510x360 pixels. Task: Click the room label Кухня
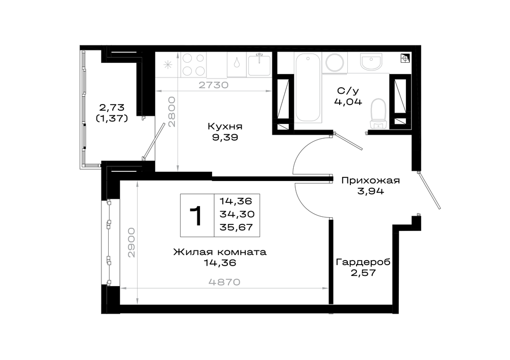225,126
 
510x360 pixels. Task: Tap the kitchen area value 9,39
225,137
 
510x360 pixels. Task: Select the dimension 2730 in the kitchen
213,85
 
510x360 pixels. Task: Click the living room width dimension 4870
224,282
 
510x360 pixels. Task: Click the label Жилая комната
220,252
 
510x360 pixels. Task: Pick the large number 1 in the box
196,216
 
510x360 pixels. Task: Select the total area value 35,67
237,227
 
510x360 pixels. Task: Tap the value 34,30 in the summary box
237,214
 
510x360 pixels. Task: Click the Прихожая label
370,180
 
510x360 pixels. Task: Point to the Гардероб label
363,262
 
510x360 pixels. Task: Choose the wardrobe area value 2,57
363,272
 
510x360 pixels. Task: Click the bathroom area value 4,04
348,102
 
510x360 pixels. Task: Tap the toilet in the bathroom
378,114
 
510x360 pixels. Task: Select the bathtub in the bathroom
308,88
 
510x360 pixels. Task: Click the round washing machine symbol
335,62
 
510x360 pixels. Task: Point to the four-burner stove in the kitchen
193,64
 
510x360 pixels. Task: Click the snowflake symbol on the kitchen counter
168,65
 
